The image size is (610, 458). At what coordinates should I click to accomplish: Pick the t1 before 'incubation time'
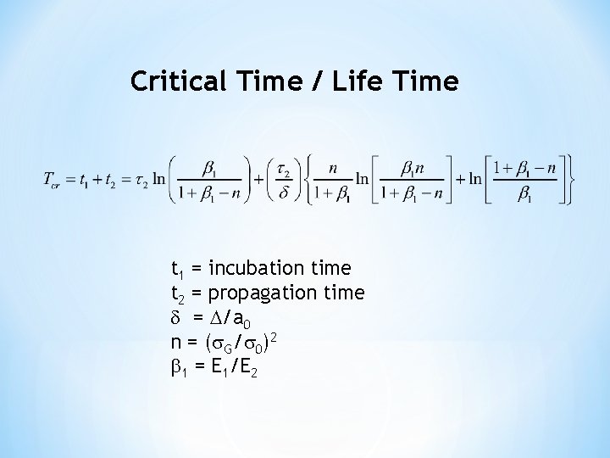[x=177, y=271]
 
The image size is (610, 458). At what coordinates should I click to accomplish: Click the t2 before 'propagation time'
[x=177, y=293]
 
